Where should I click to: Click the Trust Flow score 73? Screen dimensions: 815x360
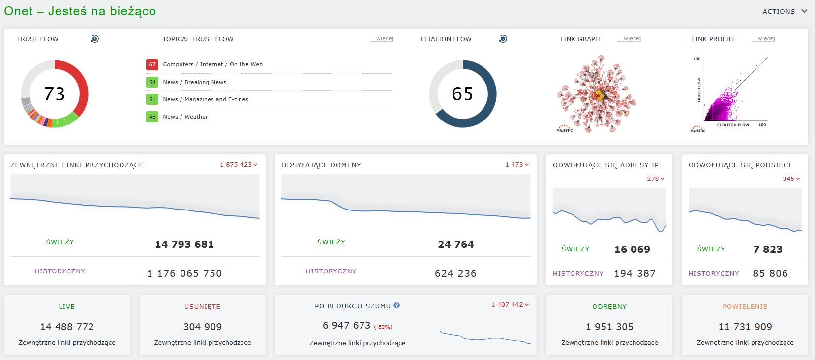pyautogui.click(x=55, y=94)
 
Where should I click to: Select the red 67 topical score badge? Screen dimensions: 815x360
pyautogui.click(x=152, y=64)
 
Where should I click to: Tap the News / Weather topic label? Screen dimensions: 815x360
pyautogui.click(x=185, y=117)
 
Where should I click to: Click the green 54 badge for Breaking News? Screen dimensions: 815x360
pyautogui.click(x=152, y=82)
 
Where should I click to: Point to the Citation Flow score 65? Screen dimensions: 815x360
pyautogui.click(x=462, y=94)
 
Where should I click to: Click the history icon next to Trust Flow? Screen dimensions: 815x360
pyautogui.click(x=94, y=38)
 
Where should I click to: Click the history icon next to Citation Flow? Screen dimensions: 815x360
pyautogui.click(x=503, y=38)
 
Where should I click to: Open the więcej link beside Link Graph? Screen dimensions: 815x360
pyautogui.click(x=629, y=38)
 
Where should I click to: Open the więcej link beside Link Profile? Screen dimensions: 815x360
pyautogui.click(x=763, y=38)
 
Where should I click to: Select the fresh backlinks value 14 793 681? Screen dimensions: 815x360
pyautogui.click(x=184, y=244)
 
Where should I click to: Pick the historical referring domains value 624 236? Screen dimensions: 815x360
pyautogui.click(x=455, y=273)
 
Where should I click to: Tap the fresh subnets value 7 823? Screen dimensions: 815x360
pyautogui.click(x=768, y=249)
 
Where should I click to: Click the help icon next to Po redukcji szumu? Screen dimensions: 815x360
pyautogui.click(x=397, y=305)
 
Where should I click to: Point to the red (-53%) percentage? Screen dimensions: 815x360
pyautogui.click(x=383, y=327)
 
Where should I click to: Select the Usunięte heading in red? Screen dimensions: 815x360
pyautogui.click(x=202, y=306)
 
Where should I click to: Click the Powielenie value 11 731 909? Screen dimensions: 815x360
pyautogui.click(x=745, y=327)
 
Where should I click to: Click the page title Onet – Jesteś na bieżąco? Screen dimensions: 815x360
pyautogui.click(x=80, y=11)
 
